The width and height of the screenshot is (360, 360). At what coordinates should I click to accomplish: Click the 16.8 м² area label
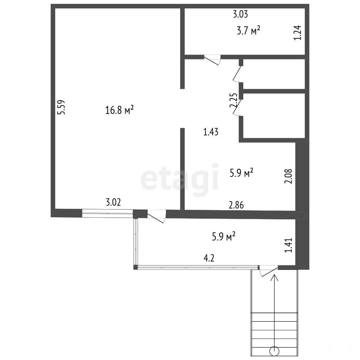(120, 110)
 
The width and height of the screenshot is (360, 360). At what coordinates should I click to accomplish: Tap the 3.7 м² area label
(249, 31)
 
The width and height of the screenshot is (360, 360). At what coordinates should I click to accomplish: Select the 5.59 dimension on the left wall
(61, 107)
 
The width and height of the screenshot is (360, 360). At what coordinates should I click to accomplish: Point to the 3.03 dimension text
(240, 14)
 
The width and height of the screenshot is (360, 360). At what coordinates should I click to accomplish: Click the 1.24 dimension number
(297, 33)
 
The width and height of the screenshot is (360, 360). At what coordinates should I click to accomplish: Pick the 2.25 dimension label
(233, 100)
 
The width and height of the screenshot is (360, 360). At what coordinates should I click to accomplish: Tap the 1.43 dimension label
(211, 132)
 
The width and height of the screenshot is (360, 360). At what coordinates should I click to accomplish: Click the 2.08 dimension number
(288, 176)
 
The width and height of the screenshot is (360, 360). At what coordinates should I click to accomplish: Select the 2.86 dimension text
(236, 205)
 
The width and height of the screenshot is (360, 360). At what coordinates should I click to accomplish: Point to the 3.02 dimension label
(113, 202)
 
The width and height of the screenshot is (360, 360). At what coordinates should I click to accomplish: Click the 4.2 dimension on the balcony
(209, 258)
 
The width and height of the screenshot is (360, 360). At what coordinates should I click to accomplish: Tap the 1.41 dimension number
(289, 245)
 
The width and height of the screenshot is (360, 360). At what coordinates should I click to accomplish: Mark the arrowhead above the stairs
(274, 278)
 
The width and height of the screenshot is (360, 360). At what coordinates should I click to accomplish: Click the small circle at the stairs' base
(274, 351)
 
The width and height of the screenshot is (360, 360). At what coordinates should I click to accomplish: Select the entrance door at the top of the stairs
(268, 271)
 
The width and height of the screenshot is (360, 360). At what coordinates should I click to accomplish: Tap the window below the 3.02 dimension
(108, 213)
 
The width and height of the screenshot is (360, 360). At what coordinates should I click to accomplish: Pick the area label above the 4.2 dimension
(224, 236)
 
